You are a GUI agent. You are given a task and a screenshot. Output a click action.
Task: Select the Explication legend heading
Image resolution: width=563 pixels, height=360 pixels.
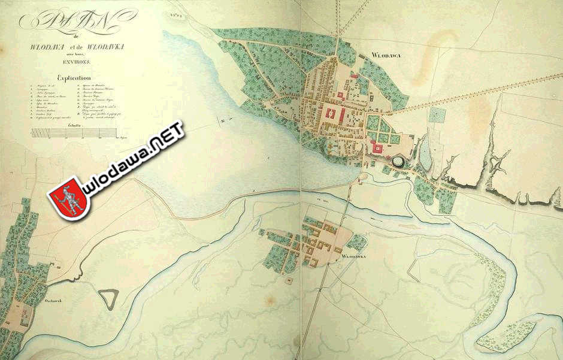coord(74,78)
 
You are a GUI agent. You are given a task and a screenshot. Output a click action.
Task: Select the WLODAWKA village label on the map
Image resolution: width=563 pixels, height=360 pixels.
coord(354,256)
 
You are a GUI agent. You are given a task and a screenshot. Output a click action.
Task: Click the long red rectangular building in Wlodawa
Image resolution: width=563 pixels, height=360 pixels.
coord(329,115)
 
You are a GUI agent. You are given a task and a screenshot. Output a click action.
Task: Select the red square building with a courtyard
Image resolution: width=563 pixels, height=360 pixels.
coord(377,147)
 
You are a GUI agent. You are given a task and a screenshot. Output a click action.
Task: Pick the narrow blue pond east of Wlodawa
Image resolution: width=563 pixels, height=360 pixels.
coord(424,153)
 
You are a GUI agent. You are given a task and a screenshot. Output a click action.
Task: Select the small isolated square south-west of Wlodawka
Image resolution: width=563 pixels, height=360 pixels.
coord(289,279)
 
